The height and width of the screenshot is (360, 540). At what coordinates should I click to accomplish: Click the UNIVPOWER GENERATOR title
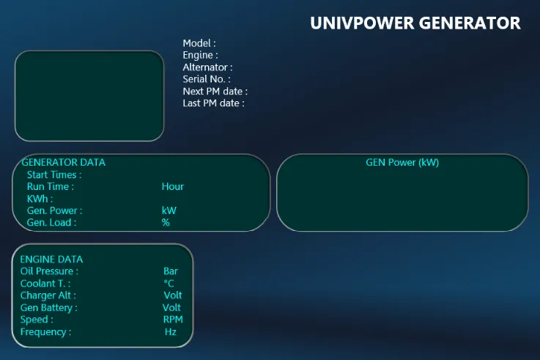[415, 23]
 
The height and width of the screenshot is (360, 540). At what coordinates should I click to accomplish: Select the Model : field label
[199, 43]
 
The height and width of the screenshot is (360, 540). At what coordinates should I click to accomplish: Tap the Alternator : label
[207, 67]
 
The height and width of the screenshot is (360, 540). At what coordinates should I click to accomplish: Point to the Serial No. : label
[207, 79]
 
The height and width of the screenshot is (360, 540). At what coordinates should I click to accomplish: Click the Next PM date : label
[215, 92]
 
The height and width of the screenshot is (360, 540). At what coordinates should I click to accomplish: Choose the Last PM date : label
[213, 103]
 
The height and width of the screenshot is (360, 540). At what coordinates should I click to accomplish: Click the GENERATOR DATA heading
[63, 162]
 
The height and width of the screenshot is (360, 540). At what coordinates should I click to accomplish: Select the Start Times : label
[54, 175]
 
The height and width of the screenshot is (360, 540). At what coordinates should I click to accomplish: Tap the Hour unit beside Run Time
[172, 186]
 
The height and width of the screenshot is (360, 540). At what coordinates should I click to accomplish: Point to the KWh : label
[40, 199]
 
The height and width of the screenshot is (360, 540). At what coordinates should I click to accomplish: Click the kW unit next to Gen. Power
[169, 210]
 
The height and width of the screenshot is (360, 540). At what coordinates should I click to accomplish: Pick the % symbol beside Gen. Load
[166, 222]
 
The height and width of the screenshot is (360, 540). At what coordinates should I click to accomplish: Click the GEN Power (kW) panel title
[402, 162]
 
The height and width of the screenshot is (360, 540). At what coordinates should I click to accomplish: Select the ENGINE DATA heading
[51, 259]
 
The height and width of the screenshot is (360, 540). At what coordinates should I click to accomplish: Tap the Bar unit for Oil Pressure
[171, 271]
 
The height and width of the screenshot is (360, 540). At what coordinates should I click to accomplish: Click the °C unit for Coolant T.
[169, 283]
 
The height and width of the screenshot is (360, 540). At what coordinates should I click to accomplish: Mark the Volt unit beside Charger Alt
[172, 295]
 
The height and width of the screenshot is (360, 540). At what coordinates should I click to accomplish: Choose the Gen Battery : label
[48, 308]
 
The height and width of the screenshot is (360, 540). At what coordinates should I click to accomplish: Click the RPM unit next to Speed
[173, 320]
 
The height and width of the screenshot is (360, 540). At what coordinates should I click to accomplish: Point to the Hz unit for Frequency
[171, 331]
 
